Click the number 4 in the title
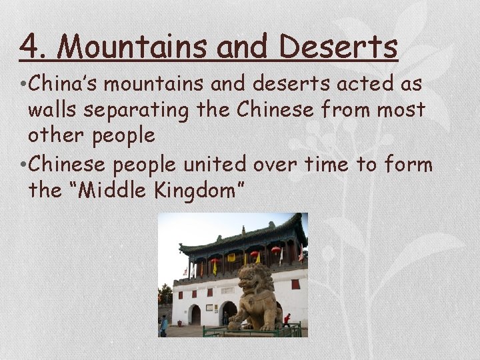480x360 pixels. coord(28,47)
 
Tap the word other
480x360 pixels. coord(55,135)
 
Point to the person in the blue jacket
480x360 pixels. coord(164,325)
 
